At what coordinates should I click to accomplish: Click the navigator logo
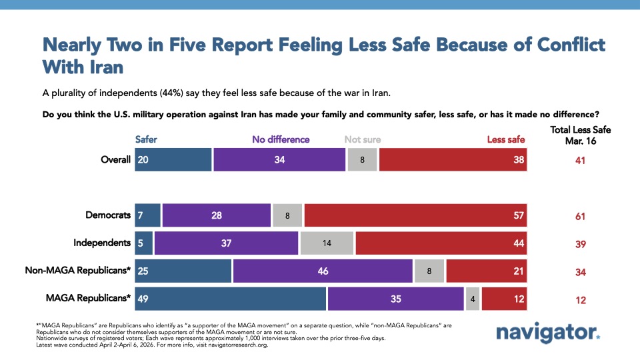[x=548, y=332]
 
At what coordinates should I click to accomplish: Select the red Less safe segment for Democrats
[x=415, y=215]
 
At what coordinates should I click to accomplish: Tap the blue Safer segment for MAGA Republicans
[x=230, y=299]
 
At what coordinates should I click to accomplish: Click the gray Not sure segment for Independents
[x=327, y=243]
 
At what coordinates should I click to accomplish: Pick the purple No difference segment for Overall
[x=279, y=160]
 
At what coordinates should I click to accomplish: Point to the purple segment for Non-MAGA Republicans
[x=323, y=271]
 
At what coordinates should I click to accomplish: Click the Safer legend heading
[x=146, y=139]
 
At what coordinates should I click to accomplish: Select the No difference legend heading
[x=281, y=139]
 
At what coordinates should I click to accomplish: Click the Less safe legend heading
[x=506, y=139]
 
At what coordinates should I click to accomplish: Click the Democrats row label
[x=108, y=215]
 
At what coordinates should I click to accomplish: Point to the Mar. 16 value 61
[x=581, y=216]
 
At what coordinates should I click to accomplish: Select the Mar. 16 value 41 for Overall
[x=581, y=161]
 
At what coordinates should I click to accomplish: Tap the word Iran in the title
[x=106, y=68]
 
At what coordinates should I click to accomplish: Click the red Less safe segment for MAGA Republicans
[x=504, y=299]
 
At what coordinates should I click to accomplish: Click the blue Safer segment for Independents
[x=144, y=243]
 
